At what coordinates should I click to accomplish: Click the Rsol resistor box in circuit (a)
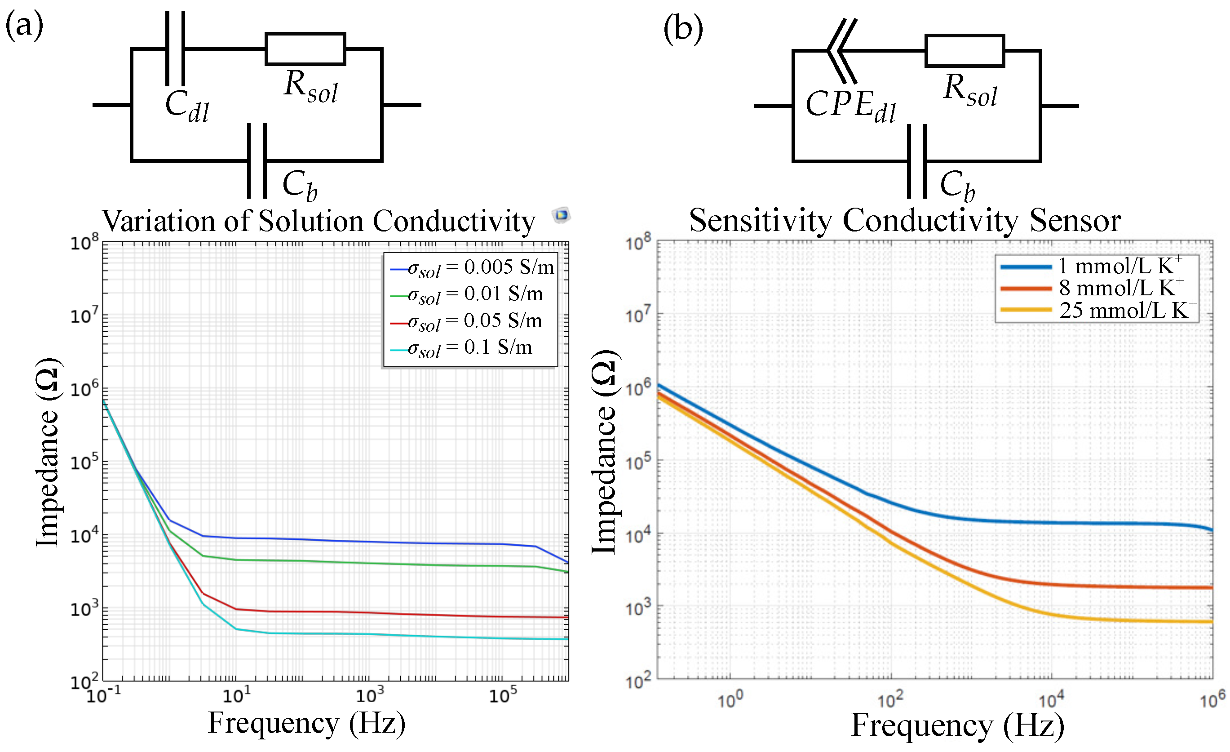pyautogui.click(x=305, y=49)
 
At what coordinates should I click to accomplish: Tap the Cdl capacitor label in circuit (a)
pyautogui.click(x=187, y=106)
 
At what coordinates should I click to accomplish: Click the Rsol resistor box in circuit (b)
pyautogui.click(x=964, y=50)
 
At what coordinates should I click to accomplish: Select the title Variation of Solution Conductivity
pyautogui.click(x=319, y=221)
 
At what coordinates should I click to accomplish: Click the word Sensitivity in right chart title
pyautogui.click(x=760, y=220)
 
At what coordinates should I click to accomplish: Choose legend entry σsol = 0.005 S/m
pyautogui.click(x=472, y=268)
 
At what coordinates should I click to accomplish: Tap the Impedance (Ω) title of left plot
pyautogui.click(x=49, y=452)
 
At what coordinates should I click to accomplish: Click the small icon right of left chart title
pyautogui.click(x=561, y=215)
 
